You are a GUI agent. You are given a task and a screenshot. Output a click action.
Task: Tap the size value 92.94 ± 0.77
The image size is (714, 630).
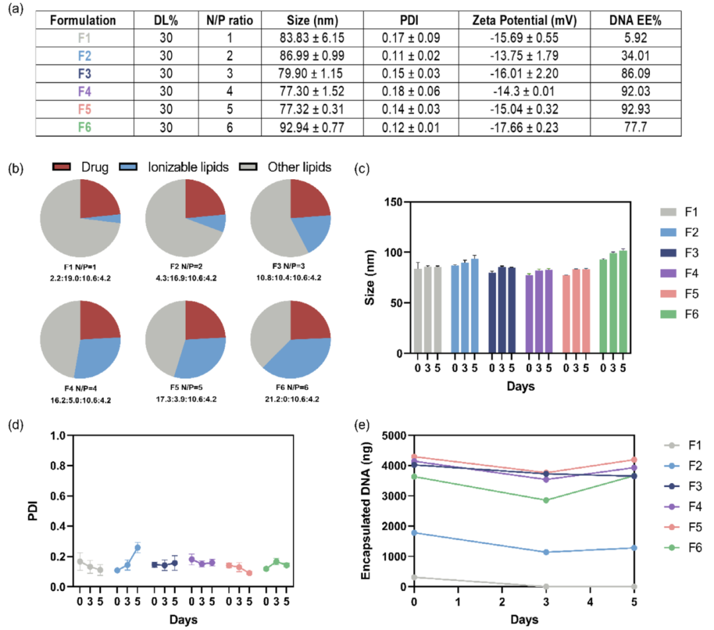pos(312,125)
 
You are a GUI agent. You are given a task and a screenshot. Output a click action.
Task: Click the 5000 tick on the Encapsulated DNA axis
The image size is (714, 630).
pos(397,436)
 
